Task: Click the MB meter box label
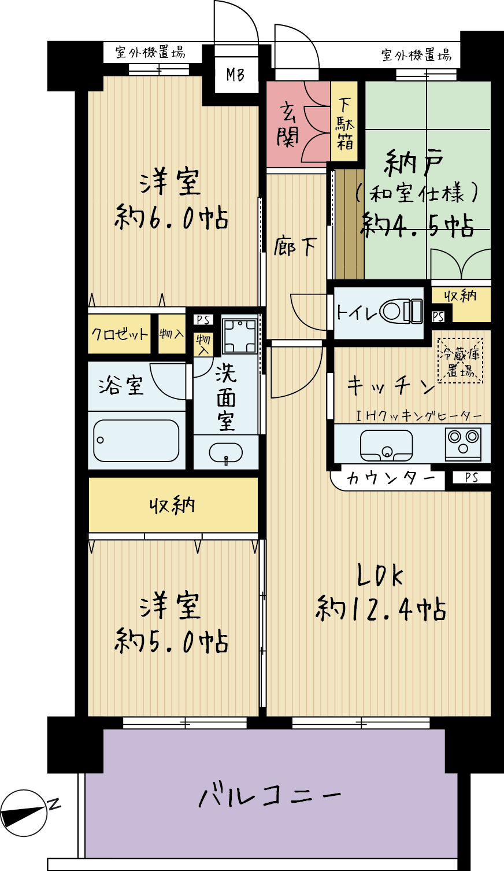235,74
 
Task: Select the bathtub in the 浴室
136,441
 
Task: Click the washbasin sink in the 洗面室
226,453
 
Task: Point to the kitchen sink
387,445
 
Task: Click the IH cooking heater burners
463,444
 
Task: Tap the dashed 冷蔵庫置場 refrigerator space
461,360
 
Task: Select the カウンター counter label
391,478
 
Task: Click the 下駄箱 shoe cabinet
344,121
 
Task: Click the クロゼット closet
119,334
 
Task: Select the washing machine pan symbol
240,335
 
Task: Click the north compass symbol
24,813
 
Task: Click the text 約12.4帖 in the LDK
381,609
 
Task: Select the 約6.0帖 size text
171,218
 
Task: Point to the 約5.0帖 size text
171,642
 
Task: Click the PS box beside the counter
472,478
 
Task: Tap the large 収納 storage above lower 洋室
173,505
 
